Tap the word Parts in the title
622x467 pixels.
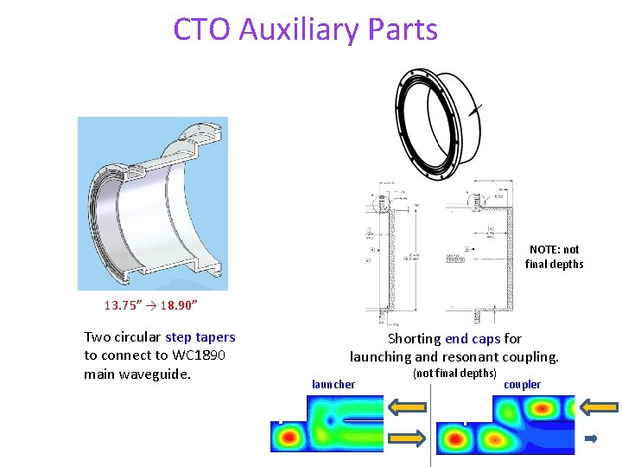(403, 29)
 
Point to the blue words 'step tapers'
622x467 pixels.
(200, 337)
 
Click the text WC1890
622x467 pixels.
(200, 355)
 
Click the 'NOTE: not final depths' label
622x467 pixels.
(554, 257)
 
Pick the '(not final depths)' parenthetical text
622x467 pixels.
(454, 373)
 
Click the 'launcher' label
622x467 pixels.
(333, 384)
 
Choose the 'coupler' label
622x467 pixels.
(522, 384)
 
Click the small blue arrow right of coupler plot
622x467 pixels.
(591, 439)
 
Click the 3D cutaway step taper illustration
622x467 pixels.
(153, 204)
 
